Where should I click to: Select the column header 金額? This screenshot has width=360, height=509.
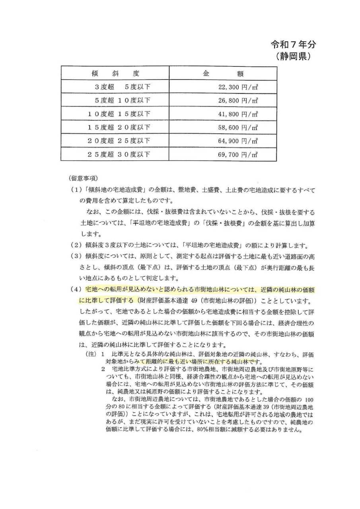coord(224,74)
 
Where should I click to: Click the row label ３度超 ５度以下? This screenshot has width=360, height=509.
coord(122,87)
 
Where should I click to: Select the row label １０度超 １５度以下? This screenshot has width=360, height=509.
coord(119,115)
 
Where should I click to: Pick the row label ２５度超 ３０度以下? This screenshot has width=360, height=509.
coord(119,154)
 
